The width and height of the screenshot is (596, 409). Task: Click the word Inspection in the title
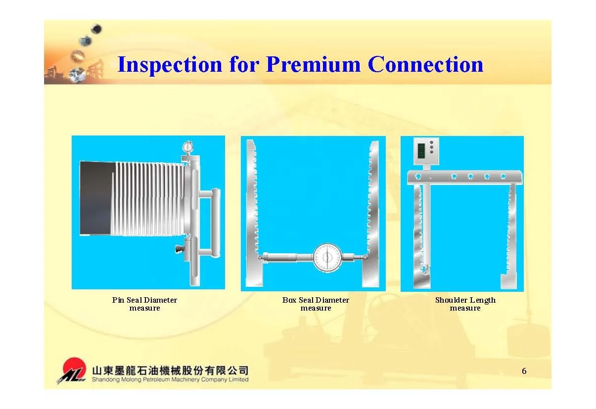[x=170, y=65]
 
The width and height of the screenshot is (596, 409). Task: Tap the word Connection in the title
[x=425, y=65]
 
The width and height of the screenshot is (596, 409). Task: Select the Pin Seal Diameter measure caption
[x=144, y=304]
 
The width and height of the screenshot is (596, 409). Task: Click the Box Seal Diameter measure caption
[x=316, y=304]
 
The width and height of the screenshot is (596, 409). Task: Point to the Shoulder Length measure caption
[x=465, y=304]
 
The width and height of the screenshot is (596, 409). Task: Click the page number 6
[x=524, y=371]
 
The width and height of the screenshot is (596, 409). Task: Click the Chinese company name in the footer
[x=170, y=370]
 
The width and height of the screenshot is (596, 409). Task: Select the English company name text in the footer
[x=170, y=380]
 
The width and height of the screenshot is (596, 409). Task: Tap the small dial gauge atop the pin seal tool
[x=187, y=147]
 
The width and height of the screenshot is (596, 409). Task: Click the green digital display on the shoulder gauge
[x=421, y=150]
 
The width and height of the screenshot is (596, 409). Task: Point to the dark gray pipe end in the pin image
[x=96, y=198]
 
